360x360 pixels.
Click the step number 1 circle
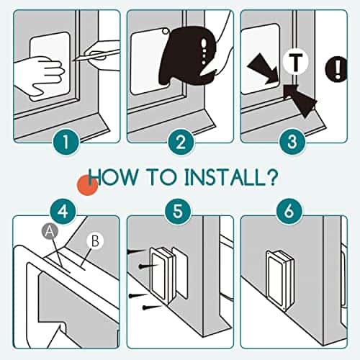point(66,142)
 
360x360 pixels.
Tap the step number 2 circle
point(181,142)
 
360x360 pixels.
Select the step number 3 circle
point(292,142)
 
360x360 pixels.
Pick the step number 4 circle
point(63,211)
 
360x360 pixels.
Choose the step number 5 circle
point(178,211)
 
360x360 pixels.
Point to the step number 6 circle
point(289,211)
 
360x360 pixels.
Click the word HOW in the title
point(112,177)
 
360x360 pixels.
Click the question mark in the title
point(271,177)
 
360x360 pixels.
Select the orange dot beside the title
point(87,185)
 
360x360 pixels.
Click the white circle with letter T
point(295,62)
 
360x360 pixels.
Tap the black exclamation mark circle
point(336,69)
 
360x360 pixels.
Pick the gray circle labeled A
point(49,231)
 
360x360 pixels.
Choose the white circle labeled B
point(95,240)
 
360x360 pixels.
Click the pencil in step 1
point(96,56)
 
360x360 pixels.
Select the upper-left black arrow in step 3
point(264,69)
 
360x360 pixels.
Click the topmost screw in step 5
point(136,251)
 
